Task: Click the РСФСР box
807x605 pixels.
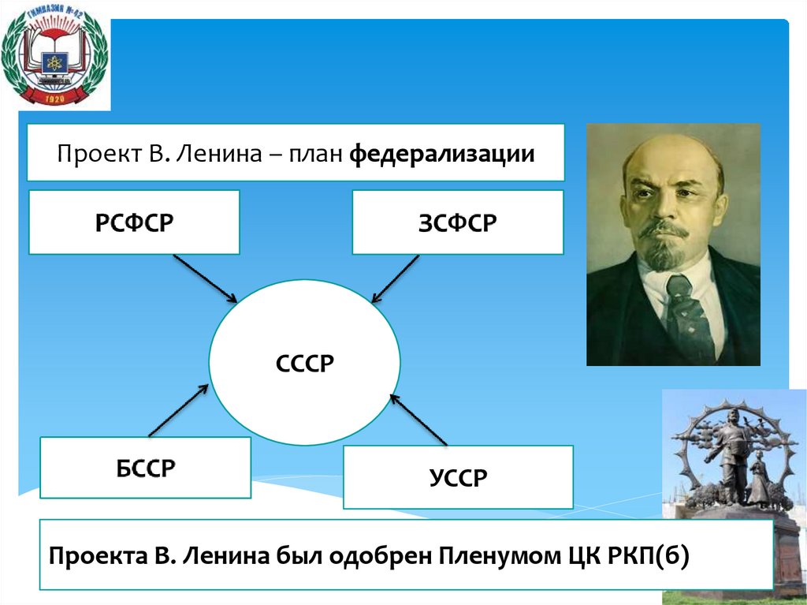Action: coord(134,222)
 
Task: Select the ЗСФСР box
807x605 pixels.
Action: coord(458,222)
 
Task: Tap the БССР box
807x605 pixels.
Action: coord(146,468)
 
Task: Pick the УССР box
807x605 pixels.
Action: coord(458,477)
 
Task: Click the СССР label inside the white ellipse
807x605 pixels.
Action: coord(305,364)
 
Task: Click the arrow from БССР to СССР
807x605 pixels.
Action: coord(179,409)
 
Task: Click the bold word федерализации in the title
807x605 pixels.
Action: coord(442,153)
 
